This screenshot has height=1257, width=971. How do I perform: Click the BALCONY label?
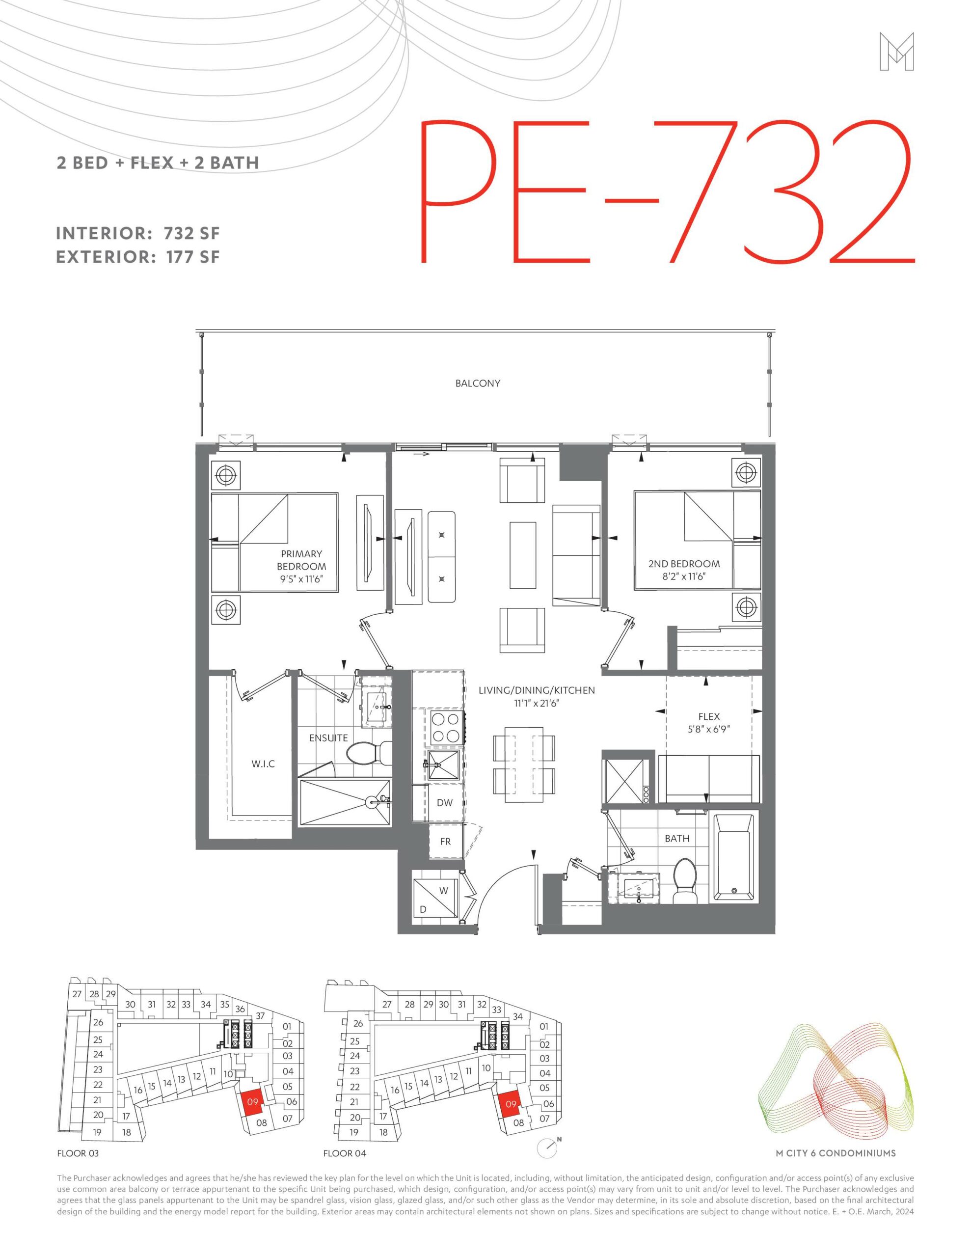(477, 383)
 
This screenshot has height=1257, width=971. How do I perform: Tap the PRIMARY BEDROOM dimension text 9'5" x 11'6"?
(301, 579)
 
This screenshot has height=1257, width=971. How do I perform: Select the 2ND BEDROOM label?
(684, 564)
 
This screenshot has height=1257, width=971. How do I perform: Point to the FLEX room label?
(708, 716)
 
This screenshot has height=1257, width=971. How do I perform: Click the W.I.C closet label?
(263, 764)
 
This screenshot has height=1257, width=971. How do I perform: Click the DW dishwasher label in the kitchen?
(444, 802)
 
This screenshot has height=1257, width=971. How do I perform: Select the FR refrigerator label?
(445, 842)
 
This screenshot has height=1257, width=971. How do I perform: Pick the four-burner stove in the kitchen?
(446, 728)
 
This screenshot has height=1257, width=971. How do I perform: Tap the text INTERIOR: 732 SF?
(138, 234)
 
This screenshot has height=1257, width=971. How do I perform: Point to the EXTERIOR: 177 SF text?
(138, 257)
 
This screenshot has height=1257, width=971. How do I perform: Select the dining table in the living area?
(524, 764)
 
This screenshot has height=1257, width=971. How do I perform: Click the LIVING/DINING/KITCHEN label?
(537, 690)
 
